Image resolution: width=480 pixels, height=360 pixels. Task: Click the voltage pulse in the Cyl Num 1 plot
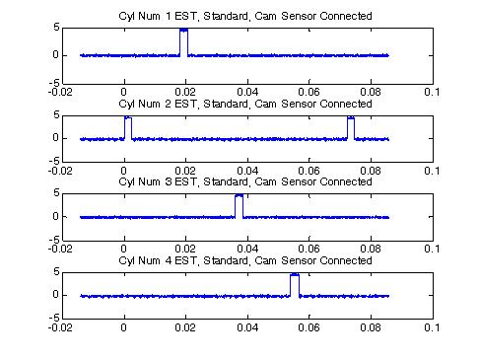tap(184, 42)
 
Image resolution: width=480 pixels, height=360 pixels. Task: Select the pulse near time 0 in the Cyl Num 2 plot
tap(128, 128)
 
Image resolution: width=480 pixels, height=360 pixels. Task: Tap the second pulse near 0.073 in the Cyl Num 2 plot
tap(351, 128)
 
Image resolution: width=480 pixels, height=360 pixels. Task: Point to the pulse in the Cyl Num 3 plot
tap(240, 206)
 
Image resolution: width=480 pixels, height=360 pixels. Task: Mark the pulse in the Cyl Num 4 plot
tap(295, 285)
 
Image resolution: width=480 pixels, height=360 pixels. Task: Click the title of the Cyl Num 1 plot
tap(245, 16)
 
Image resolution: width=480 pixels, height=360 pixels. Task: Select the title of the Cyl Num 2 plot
tap(245, 104)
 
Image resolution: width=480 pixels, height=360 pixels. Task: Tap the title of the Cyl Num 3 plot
tap(245, 181)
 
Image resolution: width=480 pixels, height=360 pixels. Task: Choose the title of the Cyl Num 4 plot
tap(245, 260)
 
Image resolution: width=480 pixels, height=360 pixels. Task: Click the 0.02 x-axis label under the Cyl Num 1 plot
tap(185, 92)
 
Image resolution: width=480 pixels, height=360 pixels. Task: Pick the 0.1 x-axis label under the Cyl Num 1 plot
tap(432, 92)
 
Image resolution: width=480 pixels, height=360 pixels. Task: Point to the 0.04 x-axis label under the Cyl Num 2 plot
tap(247, 171)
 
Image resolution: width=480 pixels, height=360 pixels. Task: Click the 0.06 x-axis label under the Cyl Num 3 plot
tap(309, 249)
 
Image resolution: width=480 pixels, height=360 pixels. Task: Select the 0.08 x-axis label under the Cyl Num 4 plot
tap(371, 327)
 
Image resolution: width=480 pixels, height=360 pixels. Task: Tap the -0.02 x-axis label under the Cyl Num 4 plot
tap(60, 327)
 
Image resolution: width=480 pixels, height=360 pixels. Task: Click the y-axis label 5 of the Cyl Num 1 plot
tap(56, 28)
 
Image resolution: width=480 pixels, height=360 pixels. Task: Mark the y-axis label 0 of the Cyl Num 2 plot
tap(56, 138)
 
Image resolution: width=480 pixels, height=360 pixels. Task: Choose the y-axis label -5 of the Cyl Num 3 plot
tap(54, 241)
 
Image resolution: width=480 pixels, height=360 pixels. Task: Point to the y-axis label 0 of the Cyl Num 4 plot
tap(56, 295)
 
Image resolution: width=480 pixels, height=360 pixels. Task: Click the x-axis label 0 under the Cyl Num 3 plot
tap(123, 249)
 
